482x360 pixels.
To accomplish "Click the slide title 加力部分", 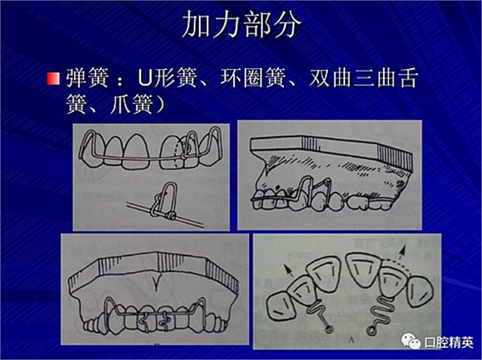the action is tap(241, 25).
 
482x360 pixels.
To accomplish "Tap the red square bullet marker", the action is tap(53, 78).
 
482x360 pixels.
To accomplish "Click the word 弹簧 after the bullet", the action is tap(88, 78).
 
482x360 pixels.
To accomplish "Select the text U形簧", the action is tap(167, 78).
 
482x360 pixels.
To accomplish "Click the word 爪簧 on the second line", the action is tap(132, 104).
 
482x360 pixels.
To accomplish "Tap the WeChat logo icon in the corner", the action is tap(411, 341).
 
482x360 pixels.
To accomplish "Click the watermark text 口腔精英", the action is tap(448, 342).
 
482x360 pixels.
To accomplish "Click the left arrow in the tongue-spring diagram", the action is tap(287, 270).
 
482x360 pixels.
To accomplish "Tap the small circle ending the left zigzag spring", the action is tap(328, 330).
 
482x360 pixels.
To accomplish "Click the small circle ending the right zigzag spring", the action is tap(371, 331).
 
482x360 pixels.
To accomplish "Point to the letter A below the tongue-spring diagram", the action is tap(350, 339).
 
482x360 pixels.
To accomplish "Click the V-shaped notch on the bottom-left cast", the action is tap(157, 281).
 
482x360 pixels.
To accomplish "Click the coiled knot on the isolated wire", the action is tap(170, 216).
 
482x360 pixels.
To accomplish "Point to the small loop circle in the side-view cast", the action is tap(328, 183).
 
